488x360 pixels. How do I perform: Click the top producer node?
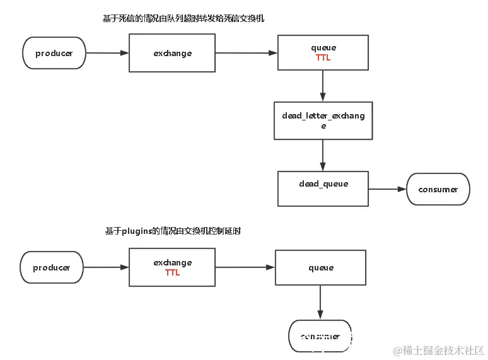54,54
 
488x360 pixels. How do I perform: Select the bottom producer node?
52,268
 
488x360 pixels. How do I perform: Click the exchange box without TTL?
172,54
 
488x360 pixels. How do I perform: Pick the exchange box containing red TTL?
172,268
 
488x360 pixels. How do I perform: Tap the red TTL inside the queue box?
323,58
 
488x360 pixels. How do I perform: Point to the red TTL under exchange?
172,273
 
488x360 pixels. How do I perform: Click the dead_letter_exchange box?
323,120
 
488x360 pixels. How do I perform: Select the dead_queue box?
323,189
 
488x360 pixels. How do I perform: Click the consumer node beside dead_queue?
438,189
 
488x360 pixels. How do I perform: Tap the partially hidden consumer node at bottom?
320,337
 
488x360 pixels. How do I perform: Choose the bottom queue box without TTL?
320,268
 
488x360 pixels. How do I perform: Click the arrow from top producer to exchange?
107,54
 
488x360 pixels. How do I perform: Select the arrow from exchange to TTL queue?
246,54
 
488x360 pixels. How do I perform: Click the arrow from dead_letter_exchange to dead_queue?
323,155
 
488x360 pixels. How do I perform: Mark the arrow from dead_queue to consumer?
387,189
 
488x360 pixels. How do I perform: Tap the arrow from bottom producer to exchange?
106,268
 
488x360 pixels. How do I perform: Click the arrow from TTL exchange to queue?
245,268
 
